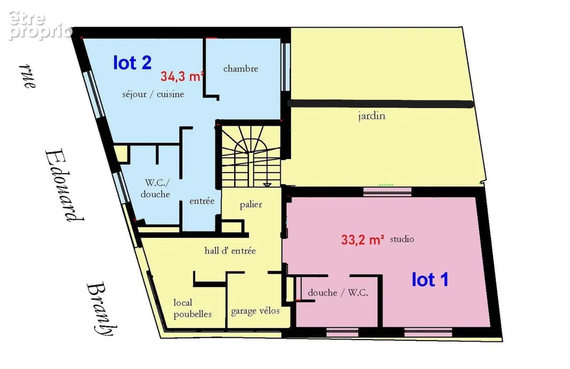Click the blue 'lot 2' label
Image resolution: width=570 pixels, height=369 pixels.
click(x=133, y=63)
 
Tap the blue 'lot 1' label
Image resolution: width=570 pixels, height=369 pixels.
click(x=430, y=280)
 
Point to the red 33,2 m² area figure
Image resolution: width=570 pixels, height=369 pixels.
click(x=362, y=240)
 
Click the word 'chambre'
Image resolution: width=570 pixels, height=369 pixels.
click(x=241, y=69)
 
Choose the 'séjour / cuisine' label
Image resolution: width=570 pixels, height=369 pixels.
click(x=153, y=94)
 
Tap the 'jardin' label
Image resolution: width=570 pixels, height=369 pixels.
click(x=371, y=116)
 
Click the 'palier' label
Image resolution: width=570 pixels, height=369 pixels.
click(x=251, y=205)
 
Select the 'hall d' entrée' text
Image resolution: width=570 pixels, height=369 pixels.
click(x=230, y=251)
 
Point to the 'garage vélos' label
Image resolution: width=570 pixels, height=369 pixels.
click(x=255, y=311)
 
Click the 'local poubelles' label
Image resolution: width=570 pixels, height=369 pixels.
click(x=192, y=308)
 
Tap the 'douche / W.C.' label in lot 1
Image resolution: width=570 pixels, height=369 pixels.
click(x=338, y=293)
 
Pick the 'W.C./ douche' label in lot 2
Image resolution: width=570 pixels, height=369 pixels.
click(x=155, y=188)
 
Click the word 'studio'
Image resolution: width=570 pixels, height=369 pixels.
click(x=402, y=239)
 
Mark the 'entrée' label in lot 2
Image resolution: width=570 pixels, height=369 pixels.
click(x=202, y=201)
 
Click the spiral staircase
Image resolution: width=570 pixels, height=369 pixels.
click(x=251, y=157)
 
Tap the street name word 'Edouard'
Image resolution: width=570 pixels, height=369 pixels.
click(x=64, y=186)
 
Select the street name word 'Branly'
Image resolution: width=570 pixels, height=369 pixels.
click(x=102, y=309)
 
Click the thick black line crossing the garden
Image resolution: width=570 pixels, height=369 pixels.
click(x=380, y=104)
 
